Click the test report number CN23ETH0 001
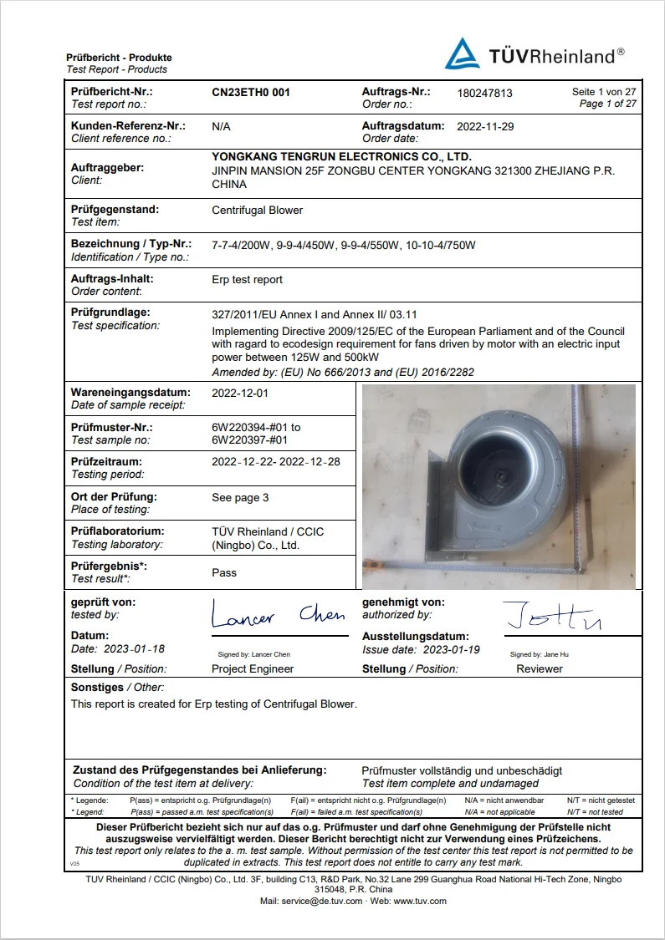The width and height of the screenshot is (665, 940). [x=251, y=92]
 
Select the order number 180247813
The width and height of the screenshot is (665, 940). [x=485, y=94]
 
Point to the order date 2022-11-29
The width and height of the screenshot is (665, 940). [x=485, y=127]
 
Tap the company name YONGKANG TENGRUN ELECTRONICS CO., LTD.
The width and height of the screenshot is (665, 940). [x=341, y=156]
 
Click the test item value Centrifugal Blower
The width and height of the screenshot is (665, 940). [x=258, y=210]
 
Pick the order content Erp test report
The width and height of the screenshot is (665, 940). [x=248, y=280]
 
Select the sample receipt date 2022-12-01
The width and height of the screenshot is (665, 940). [x=240, y=393]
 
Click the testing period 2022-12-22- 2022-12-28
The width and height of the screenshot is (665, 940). [x=276, y=462]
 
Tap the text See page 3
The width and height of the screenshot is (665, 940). [x=241, y=498]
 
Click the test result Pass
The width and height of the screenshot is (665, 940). [x=224, y=573]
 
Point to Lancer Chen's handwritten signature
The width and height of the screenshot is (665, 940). [x=277, y=617]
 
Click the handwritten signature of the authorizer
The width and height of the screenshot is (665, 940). [x=552, y=617]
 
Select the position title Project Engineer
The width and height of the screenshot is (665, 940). [x=253, y=669]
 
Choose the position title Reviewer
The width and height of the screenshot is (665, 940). [x=540, y=669]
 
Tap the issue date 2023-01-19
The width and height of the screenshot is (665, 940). [x=452, y=650]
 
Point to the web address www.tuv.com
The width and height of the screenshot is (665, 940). [x=420, y=902]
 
